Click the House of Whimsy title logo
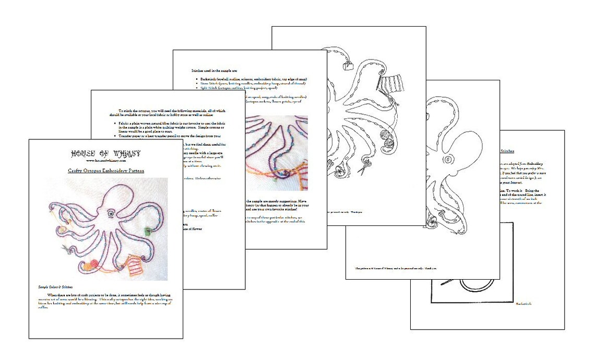[106, 153]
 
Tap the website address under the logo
[106, 161]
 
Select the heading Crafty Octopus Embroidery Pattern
[106, 171]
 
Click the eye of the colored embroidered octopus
[112, 214]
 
